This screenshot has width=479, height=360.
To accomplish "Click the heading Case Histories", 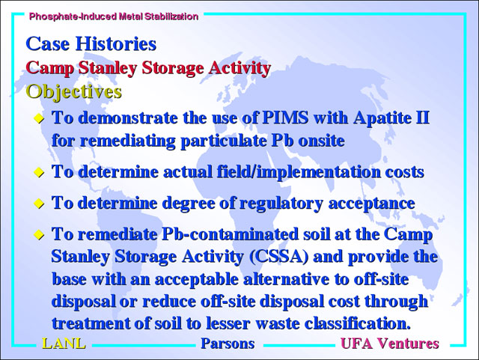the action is coord(91,43).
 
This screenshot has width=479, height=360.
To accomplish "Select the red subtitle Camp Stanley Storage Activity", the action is coord(148,68).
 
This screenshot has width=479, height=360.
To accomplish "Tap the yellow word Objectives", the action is coord(73,91).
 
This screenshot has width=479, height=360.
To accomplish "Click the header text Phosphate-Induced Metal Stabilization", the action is coord(114,16).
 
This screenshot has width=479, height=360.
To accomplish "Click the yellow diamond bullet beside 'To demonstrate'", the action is coord(39,118).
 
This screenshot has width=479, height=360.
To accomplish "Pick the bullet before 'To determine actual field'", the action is coord(39,172).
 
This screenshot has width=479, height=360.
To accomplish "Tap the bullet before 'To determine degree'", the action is coord(39,204).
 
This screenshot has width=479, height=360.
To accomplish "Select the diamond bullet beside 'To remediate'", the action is coord(39,235).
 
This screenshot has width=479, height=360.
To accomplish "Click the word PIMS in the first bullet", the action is coord(285,118).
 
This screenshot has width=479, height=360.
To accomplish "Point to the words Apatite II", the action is coord(391,118).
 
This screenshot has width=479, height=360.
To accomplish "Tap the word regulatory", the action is coord(281,204).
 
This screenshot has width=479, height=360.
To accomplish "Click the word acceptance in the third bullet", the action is coord(371,204).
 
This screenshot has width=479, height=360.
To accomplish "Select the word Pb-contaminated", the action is coord(230,234).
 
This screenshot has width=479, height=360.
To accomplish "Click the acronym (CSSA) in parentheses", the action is coord(278,257).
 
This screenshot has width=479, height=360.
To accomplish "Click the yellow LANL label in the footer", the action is coord(64,344).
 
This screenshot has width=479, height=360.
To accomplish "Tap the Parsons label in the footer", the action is coord(228,344).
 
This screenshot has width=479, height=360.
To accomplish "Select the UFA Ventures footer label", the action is coord(390,344).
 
